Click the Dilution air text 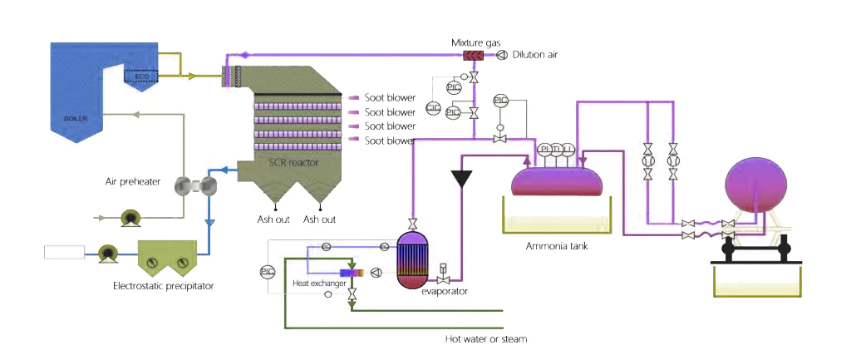pyautogui.click(x=535, y=56)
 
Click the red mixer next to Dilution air pyautogui.click(x=476, y=56)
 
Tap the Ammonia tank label pyautogui.click(x=556, y=246)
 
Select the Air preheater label pyautogui.click(x=133, y=180)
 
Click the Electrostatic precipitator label pyautogui.click(x=164, y=286)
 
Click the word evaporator pyautogui.click(x=444, y=291)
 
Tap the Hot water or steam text pyautogui.click(x=485, y=338)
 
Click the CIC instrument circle pyautogui.click(x=433, y=107)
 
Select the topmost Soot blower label pyautogui.click(x=390, y=98)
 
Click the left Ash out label pyautogui.click(x=273, y=219)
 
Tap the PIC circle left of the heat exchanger pyautogui.click(x=267, y=272)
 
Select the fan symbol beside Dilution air pyautogui.click(x=501, y=56)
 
